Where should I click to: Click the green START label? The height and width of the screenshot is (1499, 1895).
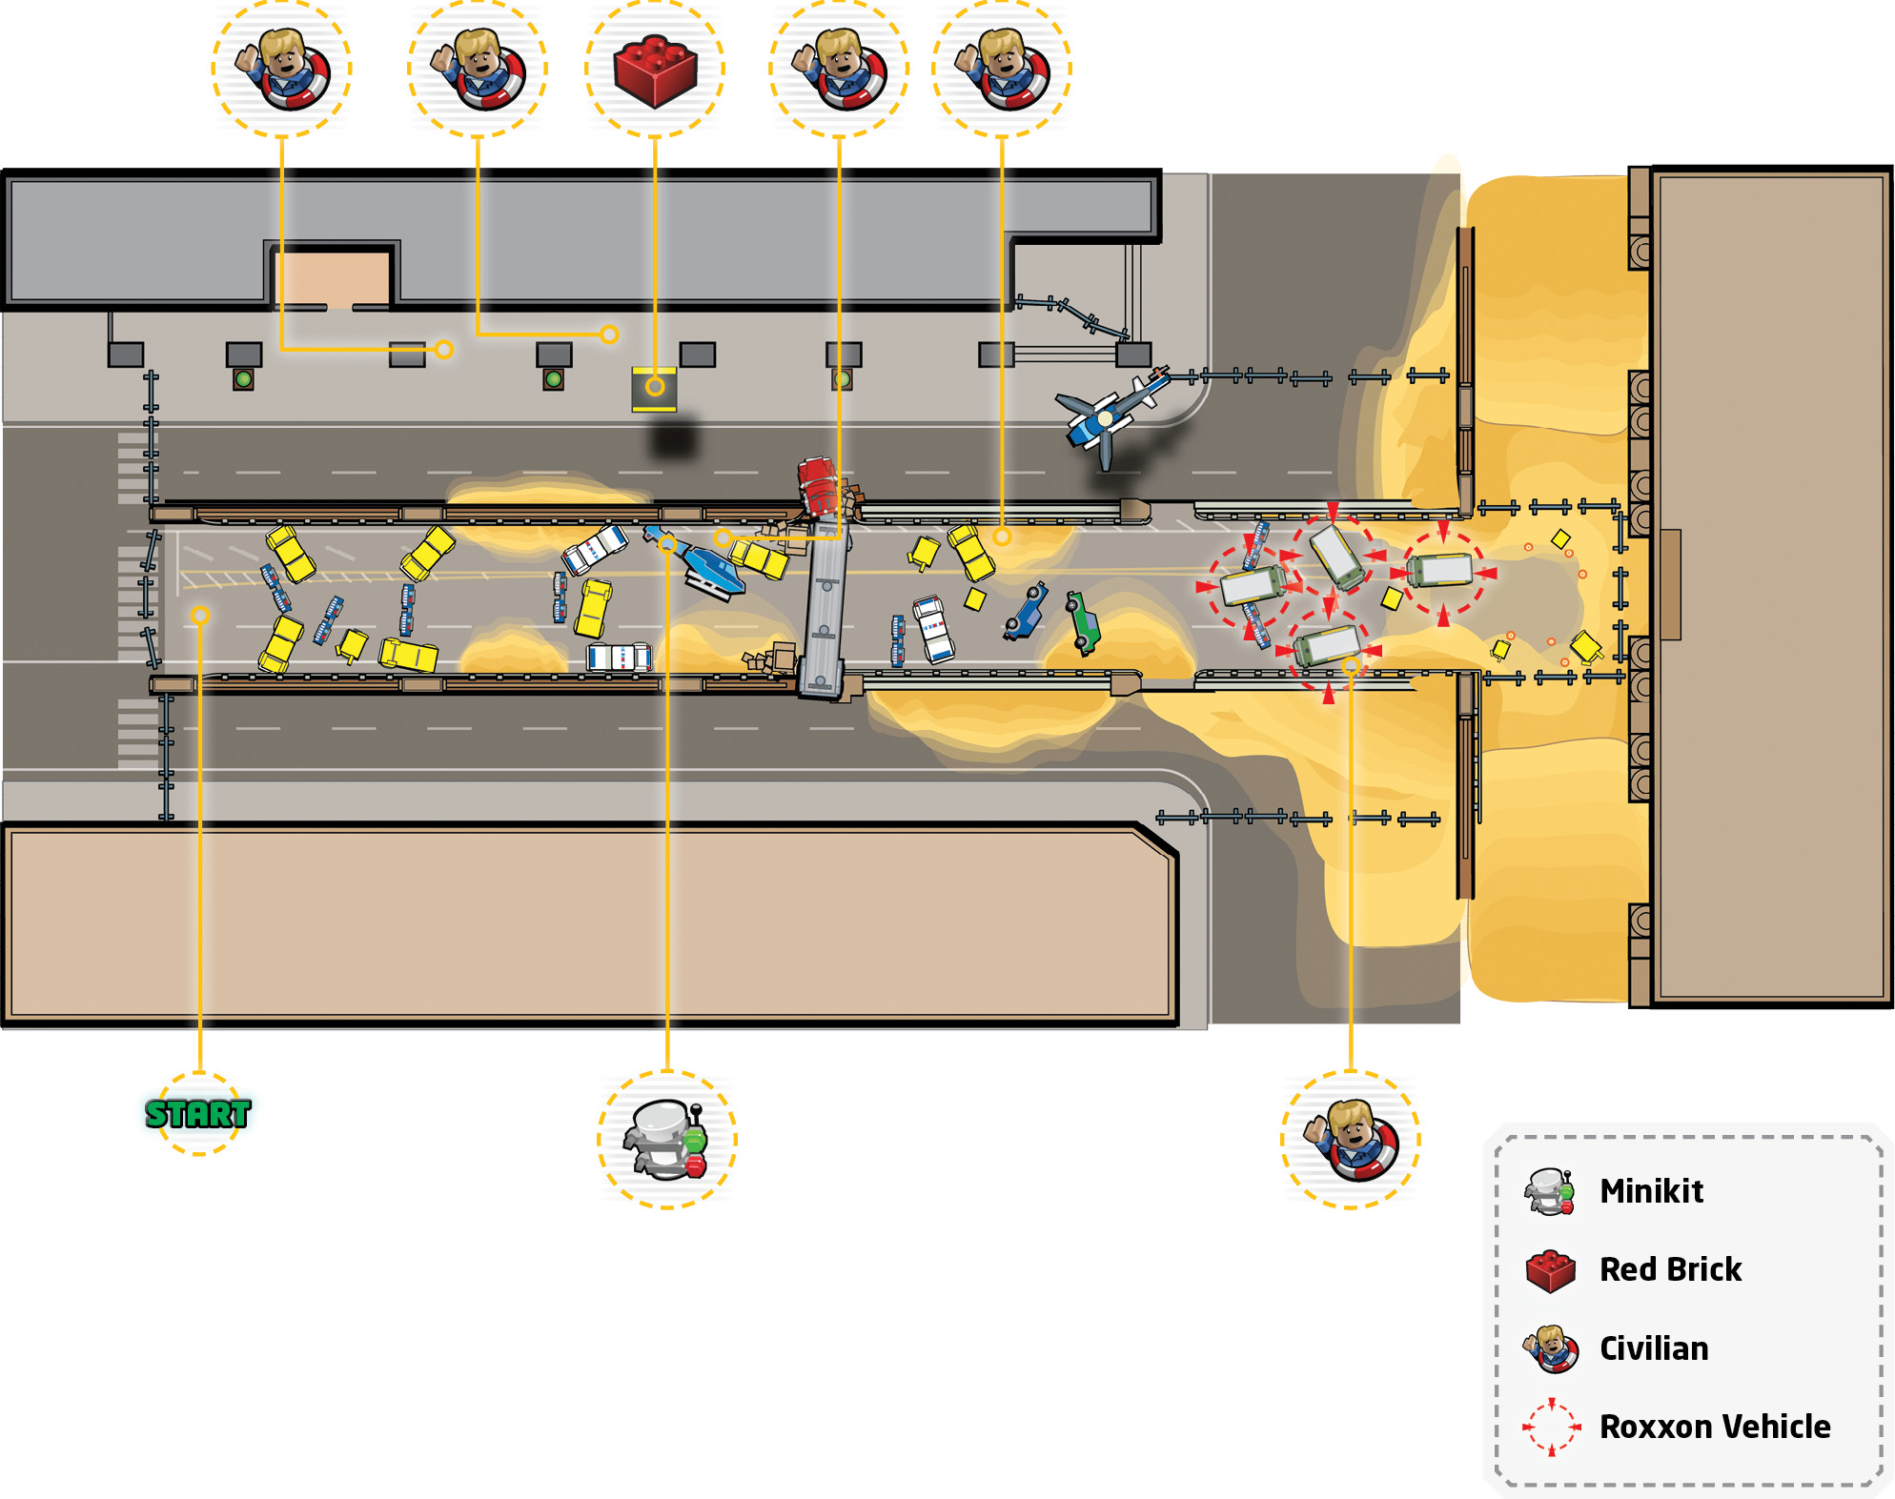pos(198,1113)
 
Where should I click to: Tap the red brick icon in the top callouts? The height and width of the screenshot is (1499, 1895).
pos(655,70)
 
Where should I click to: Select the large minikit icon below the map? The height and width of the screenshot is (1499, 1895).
pos(666,1140)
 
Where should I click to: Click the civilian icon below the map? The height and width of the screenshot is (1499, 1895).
pos(1351,1140)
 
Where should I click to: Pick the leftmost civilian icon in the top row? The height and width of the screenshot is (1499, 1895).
pos(282,69)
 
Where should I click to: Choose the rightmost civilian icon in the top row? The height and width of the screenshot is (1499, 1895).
pos(1002,69)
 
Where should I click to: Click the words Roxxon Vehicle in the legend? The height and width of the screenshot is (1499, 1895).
pos(1715,1427)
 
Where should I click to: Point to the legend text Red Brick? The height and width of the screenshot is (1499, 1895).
pos(1670,1269)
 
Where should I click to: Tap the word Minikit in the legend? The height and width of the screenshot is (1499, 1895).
pos(1651,1191)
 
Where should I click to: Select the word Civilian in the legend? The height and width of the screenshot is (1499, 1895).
pos(1654,1348)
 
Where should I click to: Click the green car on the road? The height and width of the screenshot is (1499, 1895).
pos(1083,622)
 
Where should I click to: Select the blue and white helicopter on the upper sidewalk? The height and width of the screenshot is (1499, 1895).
pos(1111,416)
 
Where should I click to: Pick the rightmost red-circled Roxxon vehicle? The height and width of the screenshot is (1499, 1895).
pos(1442,570)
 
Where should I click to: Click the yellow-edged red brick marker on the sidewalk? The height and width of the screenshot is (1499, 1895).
pos(654,388)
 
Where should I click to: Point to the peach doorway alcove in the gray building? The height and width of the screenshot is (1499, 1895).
pos(334,278)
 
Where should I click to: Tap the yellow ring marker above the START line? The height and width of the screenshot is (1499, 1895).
pos(199,616)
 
